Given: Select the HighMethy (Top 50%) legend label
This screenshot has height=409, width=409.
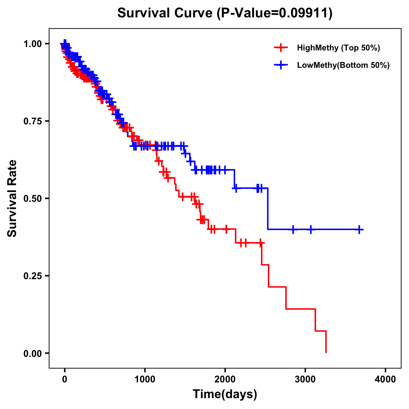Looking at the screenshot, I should click(x=338, y=48).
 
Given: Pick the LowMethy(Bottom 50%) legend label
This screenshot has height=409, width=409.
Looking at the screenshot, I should click(x=343, y=65).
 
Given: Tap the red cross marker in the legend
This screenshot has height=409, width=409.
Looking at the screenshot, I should click(x=281, y=48).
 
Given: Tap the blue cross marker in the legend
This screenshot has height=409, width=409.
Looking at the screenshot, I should click(x=281, y=65).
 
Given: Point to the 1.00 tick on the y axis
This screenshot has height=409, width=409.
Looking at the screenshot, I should click(x=32, y=44).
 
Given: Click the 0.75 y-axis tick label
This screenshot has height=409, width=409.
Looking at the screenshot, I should click(x=32, y=121).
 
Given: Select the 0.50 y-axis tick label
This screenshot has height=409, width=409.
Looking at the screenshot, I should click(x=32, y=198).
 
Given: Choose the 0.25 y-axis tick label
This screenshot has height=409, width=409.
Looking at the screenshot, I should click(x=32, y=276).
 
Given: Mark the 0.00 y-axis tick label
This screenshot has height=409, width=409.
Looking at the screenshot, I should click(x=32, y=353).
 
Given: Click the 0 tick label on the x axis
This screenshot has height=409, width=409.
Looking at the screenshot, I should click(x=65, y=379).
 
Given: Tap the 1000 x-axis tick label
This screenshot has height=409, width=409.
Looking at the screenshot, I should click(x=145, y=379).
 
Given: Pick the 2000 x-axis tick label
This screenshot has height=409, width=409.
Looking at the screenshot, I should click(x=225, y=379).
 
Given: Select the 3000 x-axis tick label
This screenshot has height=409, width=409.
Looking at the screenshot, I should click(x=305, y=379).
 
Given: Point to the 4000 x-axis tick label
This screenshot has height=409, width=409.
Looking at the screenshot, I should click(x=385, y=379).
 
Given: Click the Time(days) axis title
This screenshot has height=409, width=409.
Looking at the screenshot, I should click(x=225, y=394).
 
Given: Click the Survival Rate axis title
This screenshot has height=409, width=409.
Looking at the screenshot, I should click(x=12, y=198).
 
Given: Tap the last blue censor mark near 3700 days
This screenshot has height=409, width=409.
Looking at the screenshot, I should click(x=359, y=229).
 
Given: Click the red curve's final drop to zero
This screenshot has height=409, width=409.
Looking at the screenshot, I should click(x=326, y=342).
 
